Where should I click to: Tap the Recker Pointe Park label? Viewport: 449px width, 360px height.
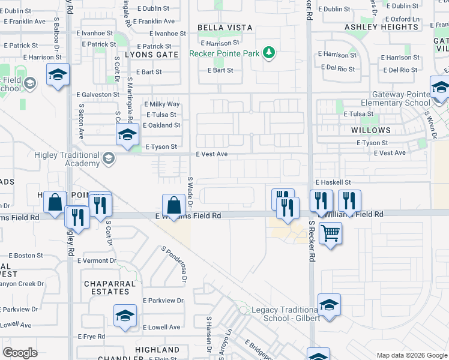224,53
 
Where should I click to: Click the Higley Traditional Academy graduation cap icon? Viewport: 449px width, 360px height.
108,158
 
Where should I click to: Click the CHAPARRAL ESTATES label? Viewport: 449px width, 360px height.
107,287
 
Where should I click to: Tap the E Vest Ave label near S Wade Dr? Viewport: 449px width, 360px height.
212,154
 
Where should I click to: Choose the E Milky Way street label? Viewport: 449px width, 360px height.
163,104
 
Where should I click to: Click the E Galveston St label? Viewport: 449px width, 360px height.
98,95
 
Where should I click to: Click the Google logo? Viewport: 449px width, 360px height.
20,353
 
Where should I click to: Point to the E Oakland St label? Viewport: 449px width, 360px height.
161,125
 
